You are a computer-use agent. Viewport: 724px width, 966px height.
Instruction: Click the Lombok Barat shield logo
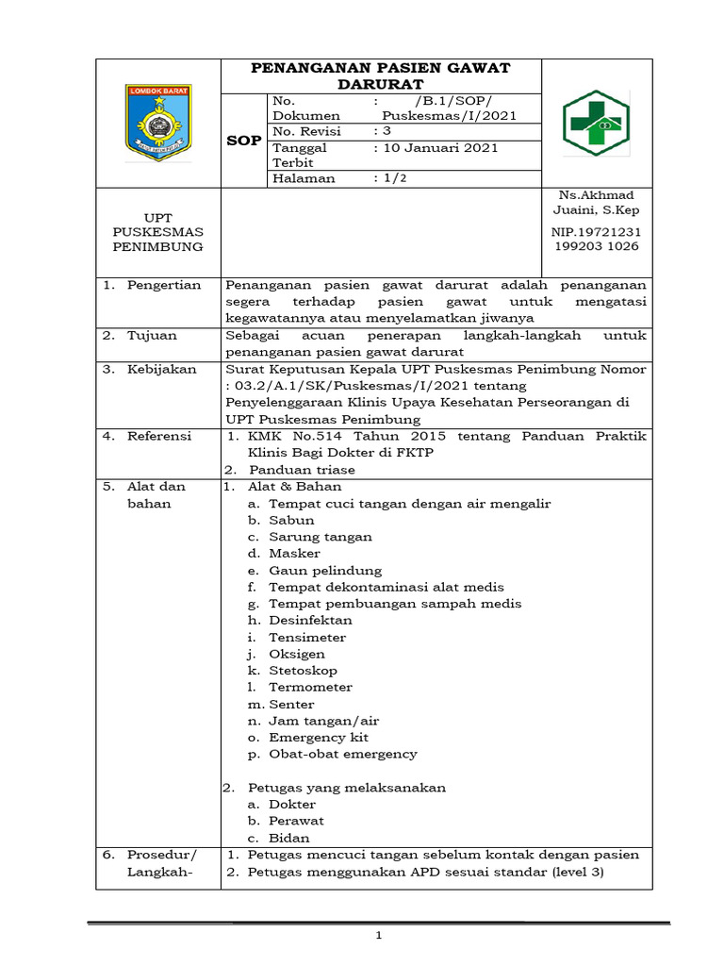tap(157, 123)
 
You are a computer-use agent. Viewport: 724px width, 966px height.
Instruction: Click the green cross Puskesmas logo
tap(598, 123)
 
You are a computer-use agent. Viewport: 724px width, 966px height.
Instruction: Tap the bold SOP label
tap(244, 141)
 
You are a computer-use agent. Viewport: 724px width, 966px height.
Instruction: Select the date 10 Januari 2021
tap(436, 148)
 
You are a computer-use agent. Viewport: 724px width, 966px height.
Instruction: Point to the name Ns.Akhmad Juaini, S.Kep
tap(598, 202)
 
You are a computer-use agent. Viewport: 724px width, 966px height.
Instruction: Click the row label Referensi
tap(159, 436)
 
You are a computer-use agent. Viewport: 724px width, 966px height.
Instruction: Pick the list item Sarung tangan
tap(320, 537)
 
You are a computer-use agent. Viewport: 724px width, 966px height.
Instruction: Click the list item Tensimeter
tap(307, 638)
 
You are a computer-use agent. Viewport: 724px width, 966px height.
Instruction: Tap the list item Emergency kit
tap(319, 738)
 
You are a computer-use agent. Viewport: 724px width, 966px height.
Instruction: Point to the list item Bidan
tap(288, 838)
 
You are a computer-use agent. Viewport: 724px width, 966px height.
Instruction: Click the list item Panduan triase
tap(302, 470)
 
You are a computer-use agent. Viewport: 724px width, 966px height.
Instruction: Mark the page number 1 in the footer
tap(379, 936)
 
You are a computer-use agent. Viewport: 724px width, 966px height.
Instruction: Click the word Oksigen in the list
tap(297, 654)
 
